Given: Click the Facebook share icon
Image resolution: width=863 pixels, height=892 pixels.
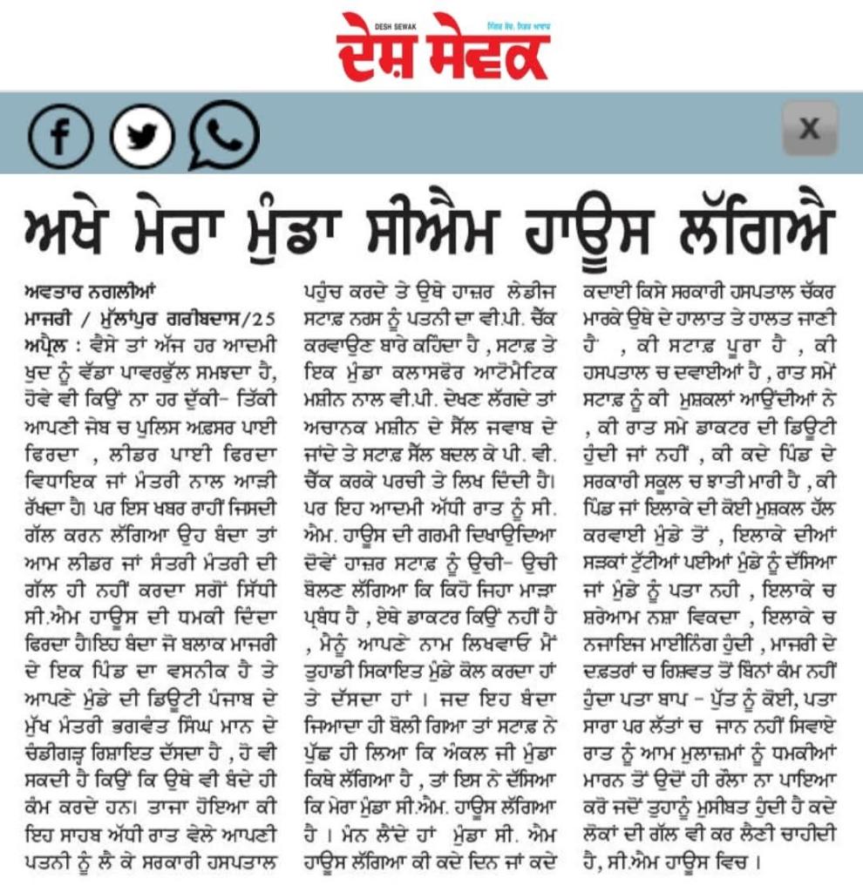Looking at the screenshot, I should [61, 137].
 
